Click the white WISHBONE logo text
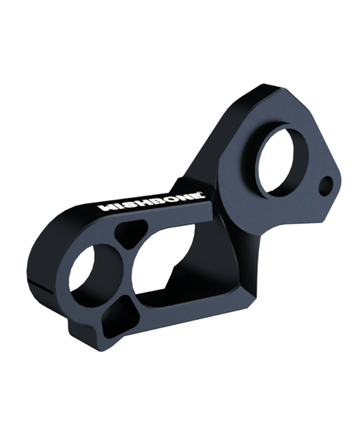tap(152, 201)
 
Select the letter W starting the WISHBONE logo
tap(107, 207)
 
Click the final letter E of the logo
tap(197, 196)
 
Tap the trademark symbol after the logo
tap(204, 193)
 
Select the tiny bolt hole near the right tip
tap(326, 186)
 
